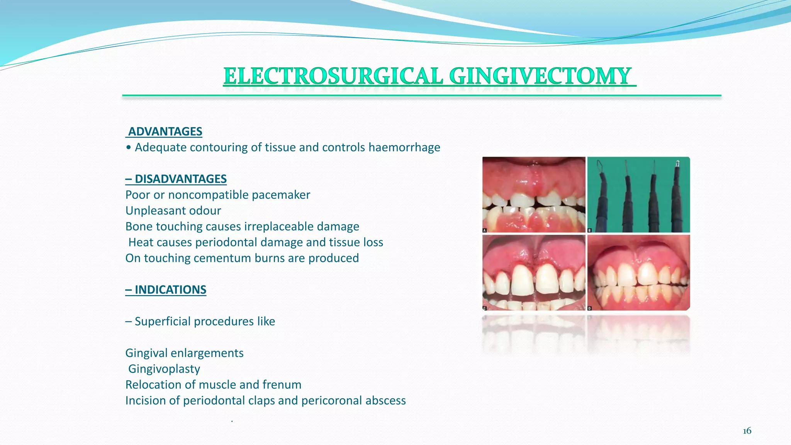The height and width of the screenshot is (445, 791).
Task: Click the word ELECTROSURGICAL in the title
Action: pos(333,76)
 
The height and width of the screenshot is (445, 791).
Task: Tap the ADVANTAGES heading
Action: pos(165,132)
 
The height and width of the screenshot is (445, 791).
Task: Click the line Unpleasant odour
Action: pos(173,211)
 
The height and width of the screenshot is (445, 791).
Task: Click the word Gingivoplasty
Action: pos(164,369)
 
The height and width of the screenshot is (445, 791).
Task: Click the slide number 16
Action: pos(747,431)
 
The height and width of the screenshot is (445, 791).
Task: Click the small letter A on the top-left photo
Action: pos(485,230)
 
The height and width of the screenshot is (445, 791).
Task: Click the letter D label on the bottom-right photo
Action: pos(590,308)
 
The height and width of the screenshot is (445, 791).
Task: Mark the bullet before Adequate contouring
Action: pos(129,148)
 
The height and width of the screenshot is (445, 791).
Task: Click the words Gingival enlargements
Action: pos(184,353)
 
